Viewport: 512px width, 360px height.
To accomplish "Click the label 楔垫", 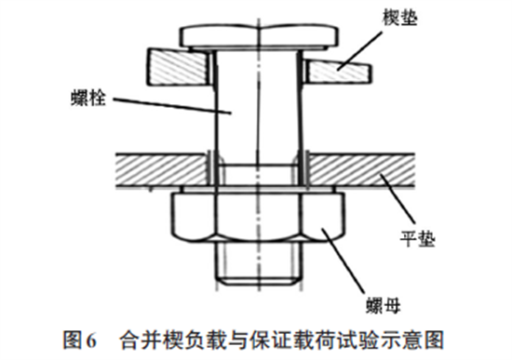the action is coord(399,17).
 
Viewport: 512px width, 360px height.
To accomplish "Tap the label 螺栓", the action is coord(88,97).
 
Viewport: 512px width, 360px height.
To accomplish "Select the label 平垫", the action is coord(418,238).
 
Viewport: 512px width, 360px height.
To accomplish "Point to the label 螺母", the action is coord(383,305).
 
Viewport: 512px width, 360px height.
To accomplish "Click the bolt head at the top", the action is coord(260,37).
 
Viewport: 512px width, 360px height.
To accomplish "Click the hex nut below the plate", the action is coord(258,217).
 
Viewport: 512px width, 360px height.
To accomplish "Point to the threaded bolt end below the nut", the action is coord(259,263).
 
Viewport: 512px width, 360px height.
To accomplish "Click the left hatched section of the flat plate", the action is coord(162,169).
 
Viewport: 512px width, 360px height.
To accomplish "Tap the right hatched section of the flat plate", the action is coord(362,169).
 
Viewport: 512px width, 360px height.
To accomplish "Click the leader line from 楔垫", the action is coord(360,50).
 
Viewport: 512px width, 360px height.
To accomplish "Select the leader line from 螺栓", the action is coord(172,105).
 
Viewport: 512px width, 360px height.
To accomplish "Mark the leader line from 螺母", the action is coord(343,260).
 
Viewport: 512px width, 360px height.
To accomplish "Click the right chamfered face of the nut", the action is coord(323,217).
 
